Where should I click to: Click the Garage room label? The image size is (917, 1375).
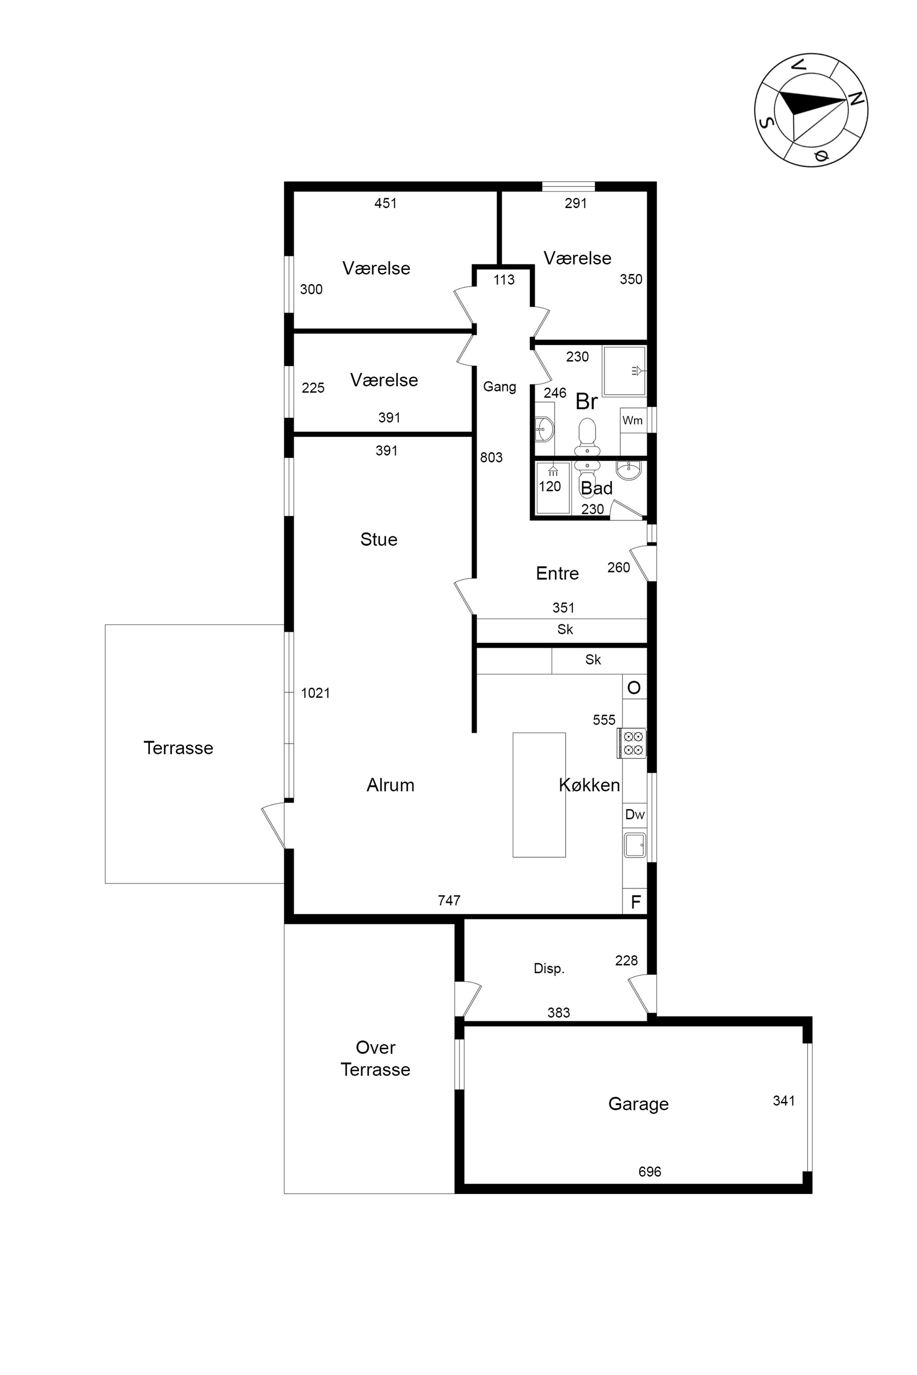638,1104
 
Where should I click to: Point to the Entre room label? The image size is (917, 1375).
558,573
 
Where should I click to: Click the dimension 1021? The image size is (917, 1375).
315,693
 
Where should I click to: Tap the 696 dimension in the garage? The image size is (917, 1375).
650,1171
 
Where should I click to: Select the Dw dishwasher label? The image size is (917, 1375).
635,814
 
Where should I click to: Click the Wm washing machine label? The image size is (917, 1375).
632,420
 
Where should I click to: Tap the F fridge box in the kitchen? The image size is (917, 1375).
635,902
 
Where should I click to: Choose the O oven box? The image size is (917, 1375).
635,687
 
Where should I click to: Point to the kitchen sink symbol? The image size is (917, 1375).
635,845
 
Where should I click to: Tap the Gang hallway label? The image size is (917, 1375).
499,386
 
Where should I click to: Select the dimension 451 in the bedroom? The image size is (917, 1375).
386,203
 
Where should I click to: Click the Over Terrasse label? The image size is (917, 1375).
376,1058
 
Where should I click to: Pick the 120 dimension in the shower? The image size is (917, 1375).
550,486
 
